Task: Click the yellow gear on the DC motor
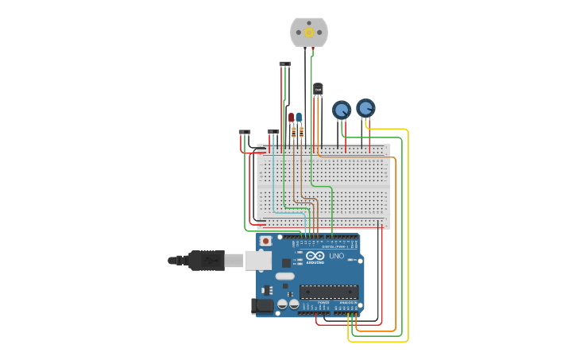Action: point(309,33)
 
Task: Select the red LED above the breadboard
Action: point(292,118)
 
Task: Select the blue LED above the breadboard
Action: point(299,118)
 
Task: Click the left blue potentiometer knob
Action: point(342,110)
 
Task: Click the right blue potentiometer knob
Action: point(365,107)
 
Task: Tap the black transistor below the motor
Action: point(318,89)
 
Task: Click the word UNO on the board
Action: point(337,256)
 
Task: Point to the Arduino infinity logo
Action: point(315,256)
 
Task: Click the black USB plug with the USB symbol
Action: point(206,260)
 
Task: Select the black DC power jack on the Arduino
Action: point(261,306)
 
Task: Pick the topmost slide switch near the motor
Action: point(284,64)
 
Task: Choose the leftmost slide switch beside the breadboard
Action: point(245,132)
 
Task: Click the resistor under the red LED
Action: point(293,134)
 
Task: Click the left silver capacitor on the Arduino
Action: point(283,304)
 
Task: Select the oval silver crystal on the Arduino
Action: point(285,276)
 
